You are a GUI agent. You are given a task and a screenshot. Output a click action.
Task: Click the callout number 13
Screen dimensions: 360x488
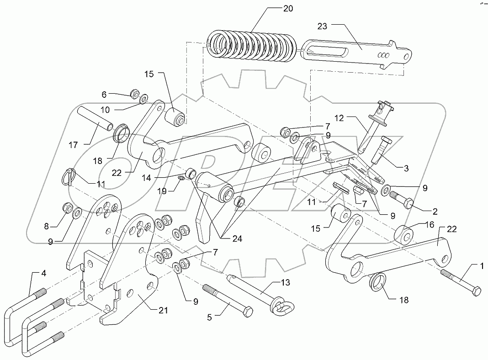tap(285, 283)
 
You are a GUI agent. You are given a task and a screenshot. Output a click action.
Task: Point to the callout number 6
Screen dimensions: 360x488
tap(104, 94)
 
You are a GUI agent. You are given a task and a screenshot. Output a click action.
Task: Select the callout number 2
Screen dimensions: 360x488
tap(435, 211)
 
